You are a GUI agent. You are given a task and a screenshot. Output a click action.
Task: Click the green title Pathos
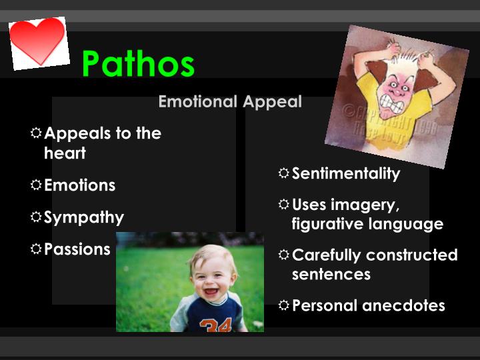click(x=138, y=64)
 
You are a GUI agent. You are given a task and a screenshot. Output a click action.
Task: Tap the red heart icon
click(x=38, y=41)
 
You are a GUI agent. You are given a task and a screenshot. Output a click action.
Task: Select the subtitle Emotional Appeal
click(x=230, y=102)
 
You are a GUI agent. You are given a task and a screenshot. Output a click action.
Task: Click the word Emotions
click(x=79, y=185)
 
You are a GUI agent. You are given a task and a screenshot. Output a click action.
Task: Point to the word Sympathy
click(x=84, y=217)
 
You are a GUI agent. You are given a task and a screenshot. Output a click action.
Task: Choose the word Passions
click(x=77, y=249)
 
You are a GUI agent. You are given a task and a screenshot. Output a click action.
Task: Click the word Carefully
click(x=327, y=255)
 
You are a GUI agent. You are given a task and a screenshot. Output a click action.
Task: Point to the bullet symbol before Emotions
click(x=36, y=185)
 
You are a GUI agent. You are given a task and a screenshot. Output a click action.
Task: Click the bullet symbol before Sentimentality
click(x=284, y=173)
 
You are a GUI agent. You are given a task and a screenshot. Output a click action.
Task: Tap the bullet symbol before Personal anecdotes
click(x=284, y=305)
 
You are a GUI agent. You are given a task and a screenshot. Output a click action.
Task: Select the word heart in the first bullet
click(x=65, y=153)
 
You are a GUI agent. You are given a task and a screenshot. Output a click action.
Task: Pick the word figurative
click(x=325, y=224)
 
